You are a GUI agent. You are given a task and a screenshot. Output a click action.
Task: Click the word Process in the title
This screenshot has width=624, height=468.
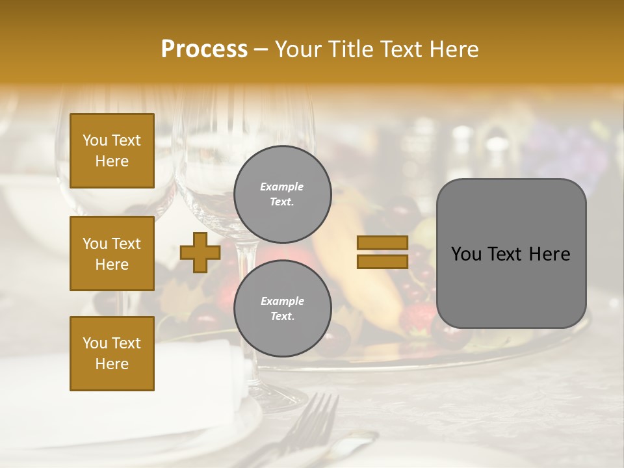point(204,49)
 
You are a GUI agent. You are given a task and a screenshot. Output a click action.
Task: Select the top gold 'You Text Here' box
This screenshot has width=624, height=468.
point(112,151)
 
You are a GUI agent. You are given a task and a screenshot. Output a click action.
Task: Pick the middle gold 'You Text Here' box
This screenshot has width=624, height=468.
point(112,253)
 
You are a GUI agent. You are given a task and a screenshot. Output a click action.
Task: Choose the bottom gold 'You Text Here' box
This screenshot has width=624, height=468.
point(112,354)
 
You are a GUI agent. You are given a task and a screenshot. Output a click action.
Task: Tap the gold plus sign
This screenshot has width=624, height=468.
point(200,252)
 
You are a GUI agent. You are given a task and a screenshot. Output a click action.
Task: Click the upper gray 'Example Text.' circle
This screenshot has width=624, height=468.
point(282,194)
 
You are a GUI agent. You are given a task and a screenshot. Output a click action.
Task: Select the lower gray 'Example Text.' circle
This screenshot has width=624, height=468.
point(282,309)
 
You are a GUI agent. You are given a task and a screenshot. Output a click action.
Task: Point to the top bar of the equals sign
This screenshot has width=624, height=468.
point(382,243)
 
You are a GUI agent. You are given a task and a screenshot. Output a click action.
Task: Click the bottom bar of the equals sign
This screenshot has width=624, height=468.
point(382,261)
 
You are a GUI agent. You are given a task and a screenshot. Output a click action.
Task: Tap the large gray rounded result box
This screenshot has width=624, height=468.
point(511,253)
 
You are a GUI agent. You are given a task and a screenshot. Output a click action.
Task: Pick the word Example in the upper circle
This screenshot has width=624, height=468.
point(281,187)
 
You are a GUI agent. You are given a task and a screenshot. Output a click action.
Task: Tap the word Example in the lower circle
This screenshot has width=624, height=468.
point(282,301)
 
